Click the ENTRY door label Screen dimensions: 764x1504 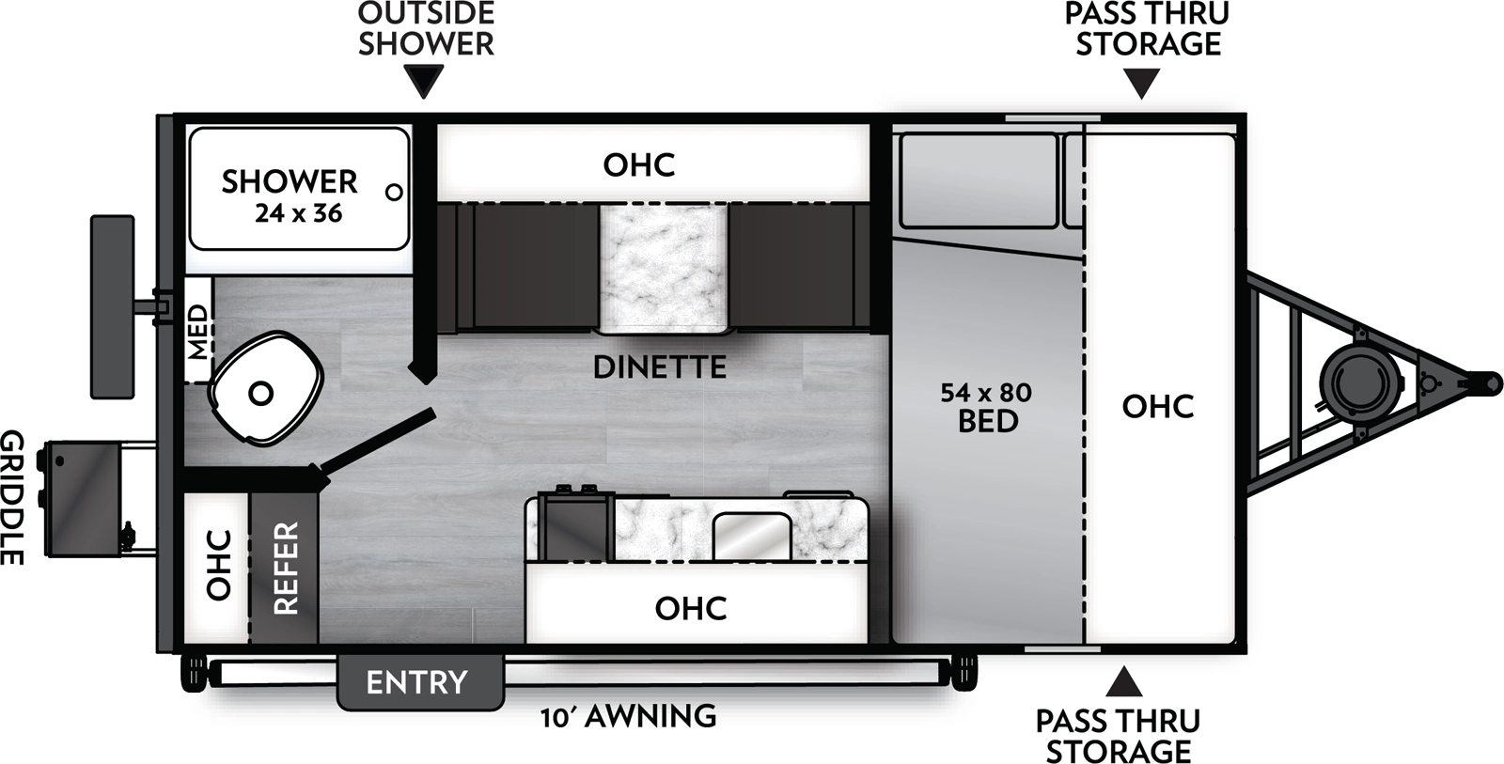416,681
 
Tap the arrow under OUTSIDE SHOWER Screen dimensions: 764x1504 426,82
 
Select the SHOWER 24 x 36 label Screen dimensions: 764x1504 290,195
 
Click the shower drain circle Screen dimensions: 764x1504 395,192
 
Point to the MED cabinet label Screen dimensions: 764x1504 197,332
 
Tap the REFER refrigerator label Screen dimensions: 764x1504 285,568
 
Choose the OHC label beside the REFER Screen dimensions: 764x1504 218,565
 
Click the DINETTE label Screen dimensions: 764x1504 660,366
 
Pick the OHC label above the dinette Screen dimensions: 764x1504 639,164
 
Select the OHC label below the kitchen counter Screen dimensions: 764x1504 691,608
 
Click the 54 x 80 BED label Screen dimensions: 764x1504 986,406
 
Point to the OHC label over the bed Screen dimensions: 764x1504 1158,406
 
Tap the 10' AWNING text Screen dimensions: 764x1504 628,717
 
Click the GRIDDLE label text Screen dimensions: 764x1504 11,497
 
